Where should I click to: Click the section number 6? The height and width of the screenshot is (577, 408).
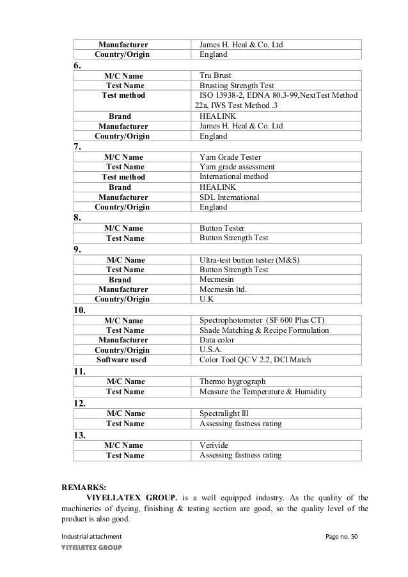click(x=77, y=66)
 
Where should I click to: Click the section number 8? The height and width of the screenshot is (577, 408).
click(x=77, y=218)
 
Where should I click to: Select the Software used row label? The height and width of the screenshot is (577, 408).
click(x=122, y=360)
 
